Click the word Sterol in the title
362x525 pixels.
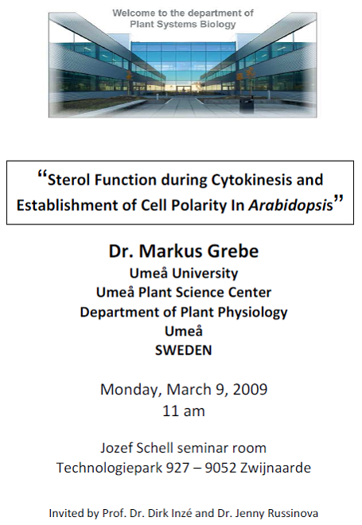68,180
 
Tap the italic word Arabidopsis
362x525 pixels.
291,205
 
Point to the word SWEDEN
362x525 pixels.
184,350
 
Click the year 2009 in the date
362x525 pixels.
250,390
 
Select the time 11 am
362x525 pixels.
184,410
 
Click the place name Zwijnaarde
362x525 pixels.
275,468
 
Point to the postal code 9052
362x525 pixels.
220,468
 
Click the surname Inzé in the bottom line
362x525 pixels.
180,513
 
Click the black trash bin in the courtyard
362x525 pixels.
247,104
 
